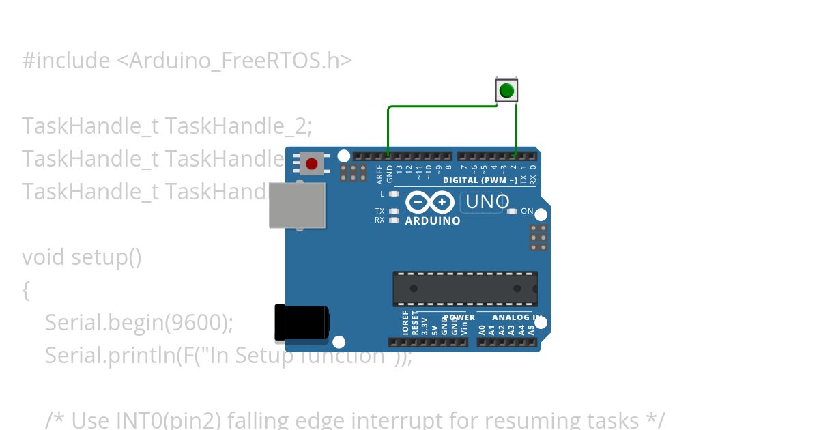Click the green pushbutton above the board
pyautogui.click(x=506, y=90)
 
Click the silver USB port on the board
pyautogui.click(x=297, y=205)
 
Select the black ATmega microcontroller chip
pyautogui.click(x=465, y=289)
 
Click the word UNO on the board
pyautogui.click(x=487, y=202)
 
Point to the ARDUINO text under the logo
pyautogui.click(x=433, y=220)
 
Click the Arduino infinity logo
pyautogui.click(x=430, y=202)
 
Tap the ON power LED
pyautogui.click(x=513, y=211)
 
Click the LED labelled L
pyautogui.click(x=394, y=194)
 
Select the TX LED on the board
pyautogui.click(x=394, y=211)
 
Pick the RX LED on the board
pyautogui.click(x=394, y=220)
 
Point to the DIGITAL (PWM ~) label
pyautogui.click(x=480, y=181)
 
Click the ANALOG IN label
pyautogui.click(x=509, y=317)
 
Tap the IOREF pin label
pyautogui.click(x=405, y=322)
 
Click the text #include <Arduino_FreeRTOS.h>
pyautogui.click(x=187, y=61)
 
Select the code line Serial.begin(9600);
pyautogui.click(x=139, y=322)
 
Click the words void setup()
pyautogui.click(x=82, y=257)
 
